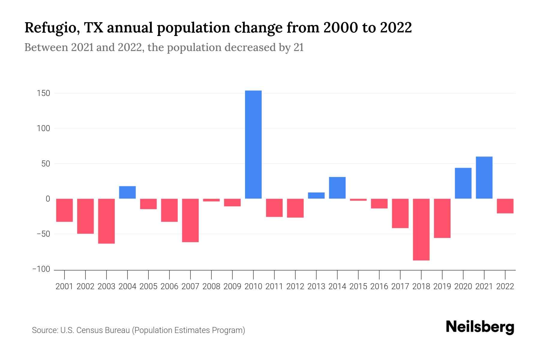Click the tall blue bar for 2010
[253, 144]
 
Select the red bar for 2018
[421, 229]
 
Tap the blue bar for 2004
[127, 192]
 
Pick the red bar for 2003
[106, 221]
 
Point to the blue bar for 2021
[484, 177]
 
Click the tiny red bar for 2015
[358, 199]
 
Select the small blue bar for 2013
[316, 195]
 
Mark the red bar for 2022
[505, 206]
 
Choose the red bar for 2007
[190, 220]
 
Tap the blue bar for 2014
[337, 187]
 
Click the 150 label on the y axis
[43, 94]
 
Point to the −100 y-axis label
[41, 269]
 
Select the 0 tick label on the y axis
[48, 199]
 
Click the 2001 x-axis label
[64, 286]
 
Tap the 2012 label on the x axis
[295, 286]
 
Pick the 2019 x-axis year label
[442, 286]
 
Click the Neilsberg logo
[480, 327]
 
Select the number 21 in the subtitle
[298, 47]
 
